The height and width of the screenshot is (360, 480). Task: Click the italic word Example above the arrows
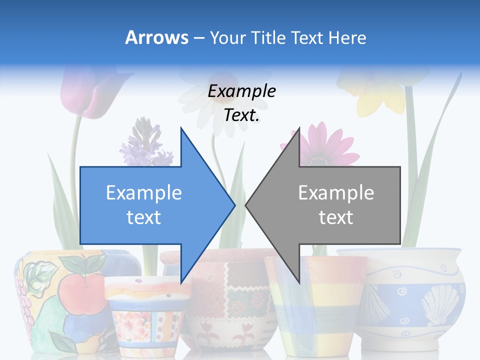coord(241,91)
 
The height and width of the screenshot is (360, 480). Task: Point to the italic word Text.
coord(241,115)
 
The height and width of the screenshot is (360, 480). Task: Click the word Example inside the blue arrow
coord(143,193)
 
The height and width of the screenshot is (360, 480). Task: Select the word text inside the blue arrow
coord(143,217)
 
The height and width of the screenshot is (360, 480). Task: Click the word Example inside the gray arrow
coord(336,193)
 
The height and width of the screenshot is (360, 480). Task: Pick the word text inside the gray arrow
coord(336,217)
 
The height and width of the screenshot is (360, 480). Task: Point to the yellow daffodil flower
coord(380,95)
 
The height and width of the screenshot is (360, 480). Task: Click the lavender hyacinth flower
coord(145,142)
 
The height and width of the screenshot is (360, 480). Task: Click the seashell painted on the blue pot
coord(440,302)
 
